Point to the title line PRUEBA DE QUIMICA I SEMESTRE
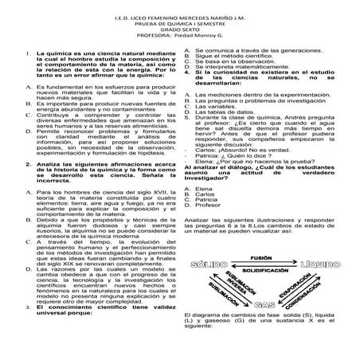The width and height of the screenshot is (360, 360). click(179, 22)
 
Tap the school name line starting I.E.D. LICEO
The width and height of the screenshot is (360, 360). click(179, 15)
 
